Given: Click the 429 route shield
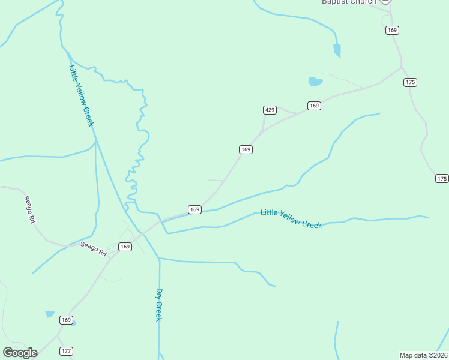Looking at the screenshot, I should pos(270,110).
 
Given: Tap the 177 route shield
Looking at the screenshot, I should pos(66,351).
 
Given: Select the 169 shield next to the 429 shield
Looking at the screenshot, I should pos(314,106).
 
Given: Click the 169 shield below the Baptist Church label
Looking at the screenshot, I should pos(393,30).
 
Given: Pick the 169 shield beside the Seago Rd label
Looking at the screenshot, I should pos(125,247).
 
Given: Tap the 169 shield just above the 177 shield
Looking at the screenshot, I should pos(66,320).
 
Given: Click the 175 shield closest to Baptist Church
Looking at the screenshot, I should pos(411,82).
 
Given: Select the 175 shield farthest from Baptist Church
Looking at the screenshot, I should pos(442,179).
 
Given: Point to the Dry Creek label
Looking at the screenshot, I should pos(159,305).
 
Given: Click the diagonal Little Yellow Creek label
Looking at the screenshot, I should pos(82,96).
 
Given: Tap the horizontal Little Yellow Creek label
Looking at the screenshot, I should pos(291,218).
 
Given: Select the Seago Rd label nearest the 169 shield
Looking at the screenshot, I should pos(94,248).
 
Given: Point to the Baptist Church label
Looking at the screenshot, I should pos(349,2).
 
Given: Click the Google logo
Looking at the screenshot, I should pos(20,353).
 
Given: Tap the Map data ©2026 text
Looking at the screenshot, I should pos(423,355).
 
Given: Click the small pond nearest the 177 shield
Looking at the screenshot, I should pos(50,314).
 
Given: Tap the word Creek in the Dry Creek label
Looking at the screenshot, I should pos(159,311).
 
